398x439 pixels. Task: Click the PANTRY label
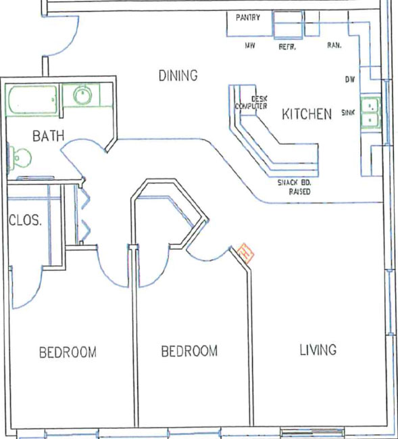coord(248,18)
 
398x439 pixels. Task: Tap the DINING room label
coord(178,76)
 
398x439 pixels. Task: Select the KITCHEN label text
coord(307,114)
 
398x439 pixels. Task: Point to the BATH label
coord(49,136)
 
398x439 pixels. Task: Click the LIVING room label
coord(318,350)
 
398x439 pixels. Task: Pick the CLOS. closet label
coord(25,221)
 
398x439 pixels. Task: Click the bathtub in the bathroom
coord(32,100)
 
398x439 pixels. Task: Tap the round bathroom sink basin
coord(82,95)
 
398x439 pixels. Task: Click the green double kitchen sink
coord(370,113)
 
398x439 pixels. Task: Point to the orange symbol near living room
coord(246,254)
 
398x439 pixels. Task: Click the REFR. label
coord(287,47)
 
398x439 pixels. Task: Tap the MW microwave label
coord(250,45)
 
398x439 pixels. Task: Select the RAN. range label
coord(334,45)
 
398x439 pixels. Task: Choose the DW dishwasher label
coord(349,80)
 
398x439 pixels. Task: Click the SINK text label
coord(348,112)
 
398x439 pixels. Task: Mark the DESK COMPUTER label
coord(251,102)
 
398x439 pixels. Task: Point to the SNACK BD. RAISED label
coord(295,187)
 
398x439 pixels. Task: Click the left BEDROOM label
coord(68,352)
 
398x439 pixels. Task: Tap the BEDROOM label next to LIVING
coord(189,351)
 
